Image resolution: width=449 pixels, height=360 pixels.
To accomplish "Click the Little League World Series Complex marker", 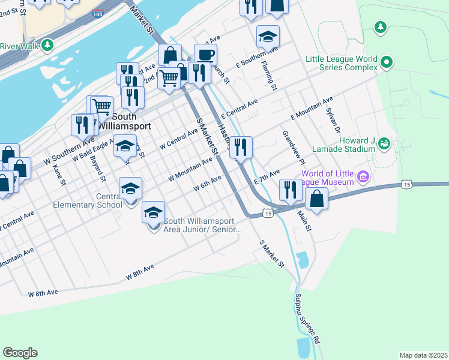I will pyautogui.click(x=387, y=62).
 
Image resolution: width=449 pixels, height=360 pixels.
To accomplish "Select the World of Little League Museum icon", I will pyautogui.click(x=362, y=176).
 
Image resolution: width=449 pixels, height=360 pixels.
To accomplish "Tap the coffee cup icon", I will pyautogui.click(x=205, y=55).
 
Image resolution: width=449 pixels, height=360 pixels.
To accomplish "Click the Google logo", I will pyautogui.click(x=20, y=353).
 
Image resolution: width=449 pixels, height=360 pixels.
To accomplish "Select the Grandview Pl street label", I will pyautogui.click(x=292, y=147).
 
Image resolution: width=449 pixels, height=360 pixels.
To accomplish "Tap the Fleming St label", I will pyautogui.click(x=267, y=79).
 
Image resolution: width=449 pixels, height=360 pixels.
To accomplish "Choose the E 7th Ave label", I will pyautogui.click(x=267, y=176).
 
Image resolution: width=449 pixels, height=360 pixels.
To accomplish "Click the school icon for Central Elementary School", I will pyautogui.click(x=130, y=189).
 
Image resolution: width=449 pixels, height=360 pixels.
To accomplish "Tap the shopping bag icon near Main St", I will pyautogui.click(x=316, y=199).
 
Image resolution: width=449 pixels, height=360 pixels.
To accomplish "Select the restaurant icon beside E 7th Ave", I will pyautogui.click(x=291, y=191).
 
